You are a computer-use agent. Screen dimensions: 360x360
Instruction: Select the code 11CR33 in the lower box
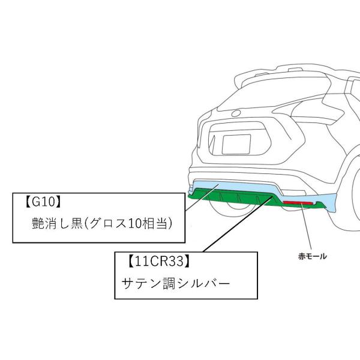coord(159,261)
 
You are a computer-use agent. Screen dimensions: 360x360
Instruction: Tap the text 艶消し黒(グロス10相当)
coord(102,224)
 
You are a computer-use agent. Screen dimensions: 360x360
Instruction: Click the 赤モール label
coord(312,256)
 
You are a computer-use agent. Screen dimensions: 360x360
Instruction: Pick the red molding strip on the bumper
coord(299,205)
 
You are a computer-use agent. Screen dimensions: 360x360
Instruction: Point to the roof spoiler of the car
coord(282,75)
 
